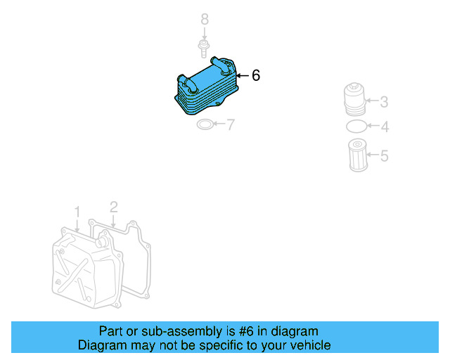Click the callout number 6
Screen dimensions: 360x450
click(x=256, y=75)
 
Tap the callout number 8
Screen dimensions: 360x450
click(x=205, y=20)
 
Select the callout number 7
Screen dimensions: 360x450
click(x=230, y=125)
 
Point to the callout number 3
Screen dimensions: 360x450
click(x=384, y=102)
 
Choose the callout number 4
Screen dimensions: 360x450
click(x=384, y=127)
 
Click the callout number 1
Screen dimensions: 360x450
click(x=77, y=211)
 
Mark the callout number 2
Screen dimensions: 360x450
click(x=113, y=207)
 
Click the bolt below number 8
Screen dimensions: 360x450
click(x=203, y=49)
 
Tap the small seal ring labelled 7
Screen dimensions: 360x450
click(x=205, y=125)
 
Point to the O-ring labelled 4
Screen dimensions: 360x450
click(x=356, y=127)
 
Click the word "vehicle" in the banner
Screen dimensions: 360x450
click(x=309, y=345)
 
